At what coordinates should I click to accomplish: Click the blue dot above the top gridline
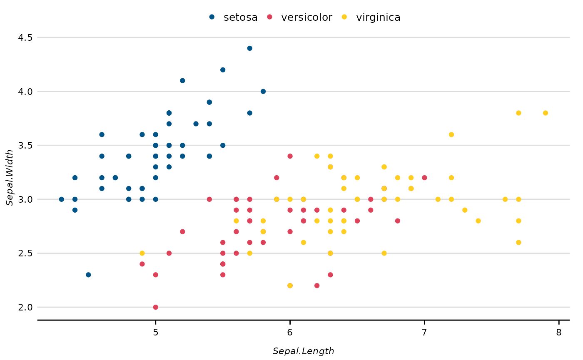pyautogui.click(x=212, y=17)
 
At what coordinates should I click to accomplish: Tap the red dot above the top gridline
pyautogui.click(x=269, y=17)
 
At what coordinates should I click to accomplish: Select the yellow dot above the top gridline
pyautogui.click(x=344, y=17)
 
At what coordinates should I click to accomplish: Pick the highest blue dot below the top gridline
pyautogui.click(x=249, y=48)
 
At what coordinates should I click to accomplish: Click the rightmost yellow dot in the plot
pyautogui.click(x=545, y=113)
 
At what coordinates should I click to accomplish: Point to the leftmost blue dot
pyautogui.click(x=62, y=199)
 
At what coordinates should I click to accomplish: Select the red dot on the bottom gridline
pyautogui.click(x=155, y=307)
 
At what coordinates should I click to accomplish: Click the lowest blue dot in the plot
pyautogui.click(x=88, y=275)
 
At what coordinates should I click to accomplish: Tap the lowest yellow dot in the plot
pyautogui.click(x=290, y=286)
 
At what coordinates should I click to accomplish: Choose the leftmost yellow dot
pyautogui.click(x=142, y=253)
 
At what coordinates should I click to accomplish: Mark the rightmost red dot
pyautogui.click(x=424, y=178)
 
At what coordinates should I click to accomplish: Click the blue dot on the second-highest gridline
pyautogui.click(x=263, y=92)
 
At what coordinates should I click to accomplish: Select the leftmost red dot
pyautogui.click(x=142, y=264)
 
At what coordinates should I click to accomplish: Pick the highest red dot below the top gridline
pyautogui.click(x=290, y=156)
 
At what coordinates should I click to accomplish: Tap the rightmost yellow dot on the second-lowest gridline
pyautogui.click(x=384, y=253)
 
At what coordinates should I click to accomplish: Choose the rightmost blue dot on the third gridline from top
pyautogui.click(x=223, y=145)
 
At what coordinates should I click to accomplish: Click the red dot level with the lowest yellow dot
pyautogui.click(x=317, y=286)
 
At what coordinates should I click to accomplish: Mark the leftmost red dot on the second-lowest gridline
pyautogui.click(x=169, y=253)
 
